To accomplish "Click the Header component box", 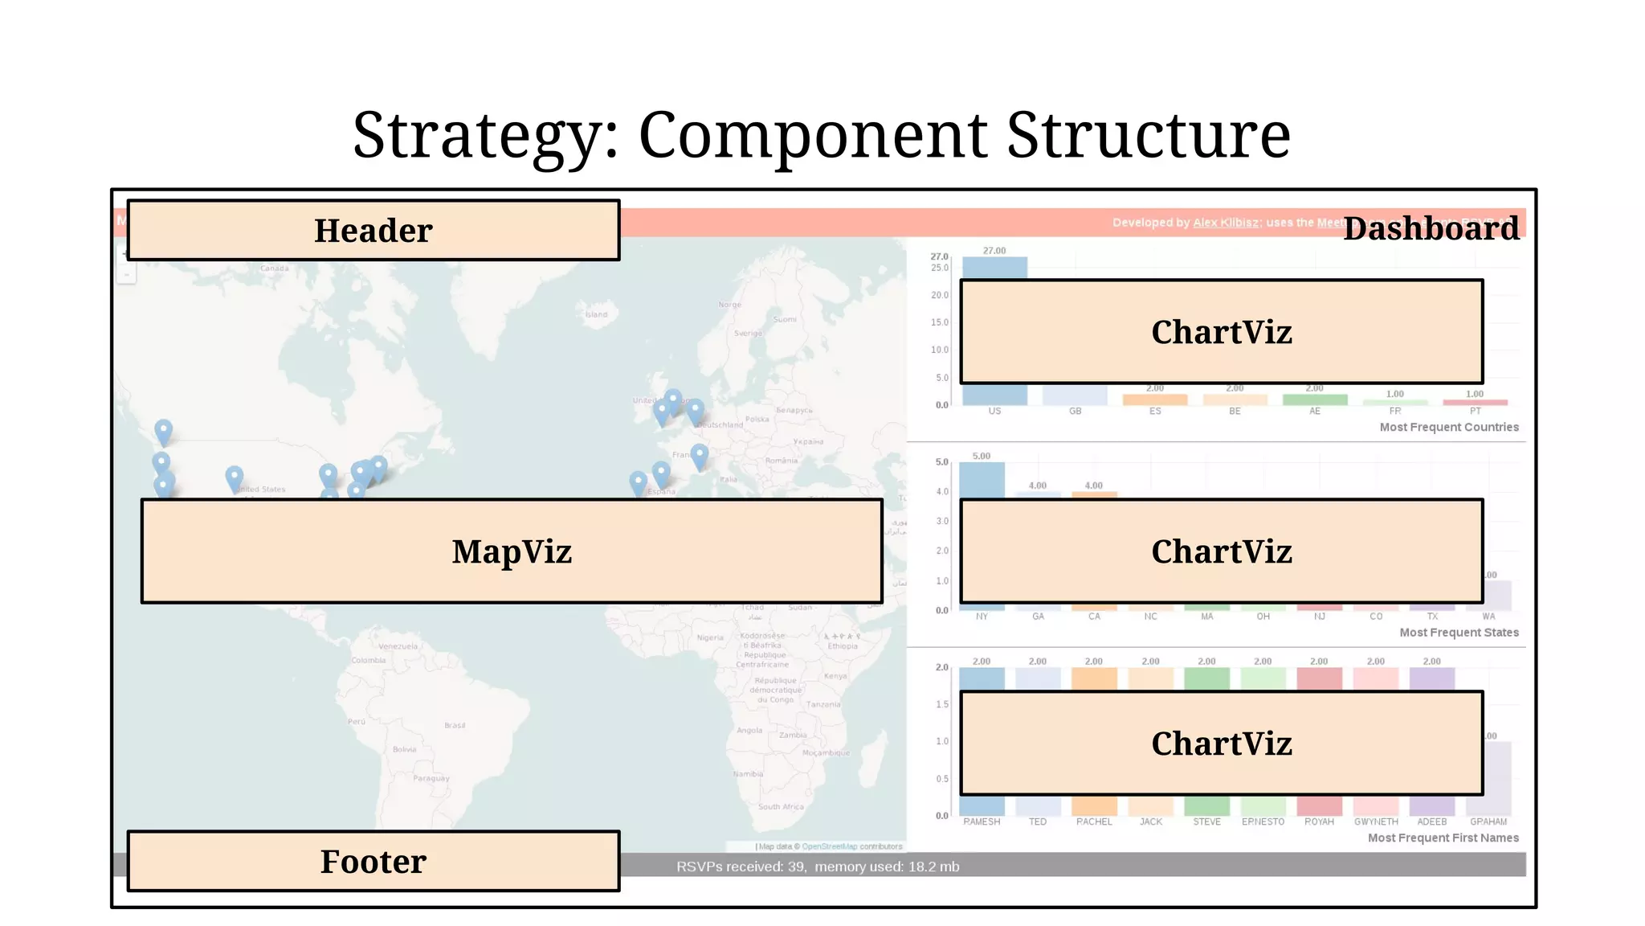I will pos(373,231).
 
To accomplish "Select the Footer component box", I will pos(373,862).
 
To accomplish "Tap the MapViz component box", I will pos(512,551).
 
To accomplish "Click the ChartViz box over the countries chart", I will pos(1221,332).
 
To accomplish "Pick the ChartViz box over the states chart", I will pos(1221,551).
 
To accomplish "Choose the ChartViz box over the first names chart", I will pos(1221,744).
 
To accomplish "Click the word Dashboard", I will pos(1431,229).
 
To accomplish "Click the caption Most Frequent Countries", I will pos(1449,428).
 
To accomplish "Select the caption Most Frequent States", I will pos(1459,633).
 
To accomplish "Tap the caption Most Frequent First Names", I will pos(1443,838).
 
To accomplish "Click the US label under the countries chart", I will pos(994,412).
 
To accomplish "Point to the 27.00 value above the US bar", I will pos(994,251).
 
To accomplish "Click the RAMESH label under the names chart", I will pos(982,822).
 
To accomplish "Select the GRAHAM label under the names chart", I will pos(1488,822).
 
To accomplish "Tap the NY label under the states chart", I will pos(982,617).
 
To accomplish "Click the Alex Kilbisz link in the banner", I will pos(1226,223).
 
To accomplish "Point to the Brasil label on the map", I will pos(455,726).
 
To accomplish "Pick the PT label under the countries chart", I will pos(1475,412).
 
